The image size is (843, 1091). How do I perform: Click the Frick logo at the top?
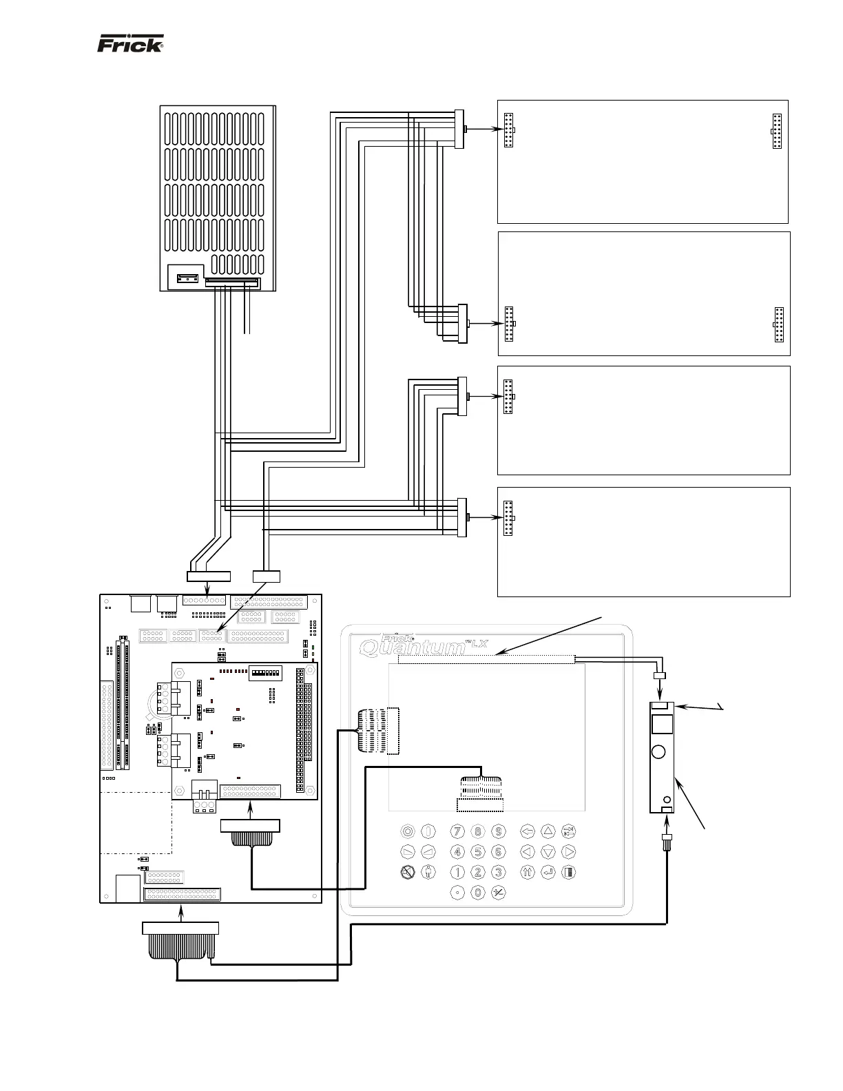pos(130,44)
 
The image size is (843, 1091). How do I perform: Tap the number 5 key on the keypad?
pos(479,851)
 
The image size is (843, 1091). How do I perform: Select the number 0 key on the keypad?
pos(479,893)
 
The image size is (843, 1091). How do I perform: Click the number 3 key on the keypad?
pos(499,872)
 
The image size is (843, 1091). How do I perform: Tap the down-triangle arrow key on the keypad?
pos(548,851)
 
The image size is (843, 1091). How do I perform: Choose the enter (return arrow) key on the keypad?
pos(548,872)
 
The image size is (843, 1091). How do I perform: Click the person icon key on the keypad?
pos(428,872)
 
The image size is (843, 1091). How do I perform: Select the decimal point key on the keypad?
pos(457,893)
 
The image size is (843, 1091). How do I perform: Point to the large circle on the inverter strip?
pos(659,751)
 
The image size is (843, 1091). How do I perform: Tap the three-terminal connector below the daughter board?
pos(205,806)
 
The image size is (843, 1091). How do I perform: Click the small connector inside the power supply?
pos(187,278)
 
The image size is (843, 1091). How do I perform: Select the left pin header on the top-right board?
pos(508,130)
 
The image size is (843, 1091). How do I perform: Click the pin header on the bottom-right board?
pos(508,519)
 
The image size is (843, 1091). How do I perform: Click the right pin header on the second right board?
pos(778,325)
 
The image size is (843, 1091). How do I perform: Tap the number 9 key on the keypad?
pos(499,831)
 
